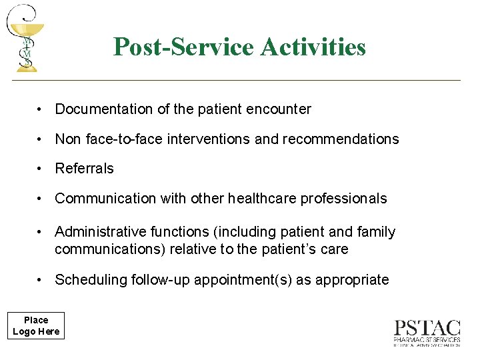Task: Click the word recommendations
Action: click(341, 139)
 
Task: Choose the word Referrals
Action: click(84, 169)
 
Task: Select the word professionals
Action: click(344, 199)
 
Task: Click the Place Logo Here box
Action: click(36, 326)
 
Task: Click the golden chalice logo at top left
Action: click(25, 37)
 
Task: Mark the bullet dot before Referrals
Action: click(41, 169)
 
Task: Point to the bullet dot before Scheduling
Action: click(41, 280)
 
